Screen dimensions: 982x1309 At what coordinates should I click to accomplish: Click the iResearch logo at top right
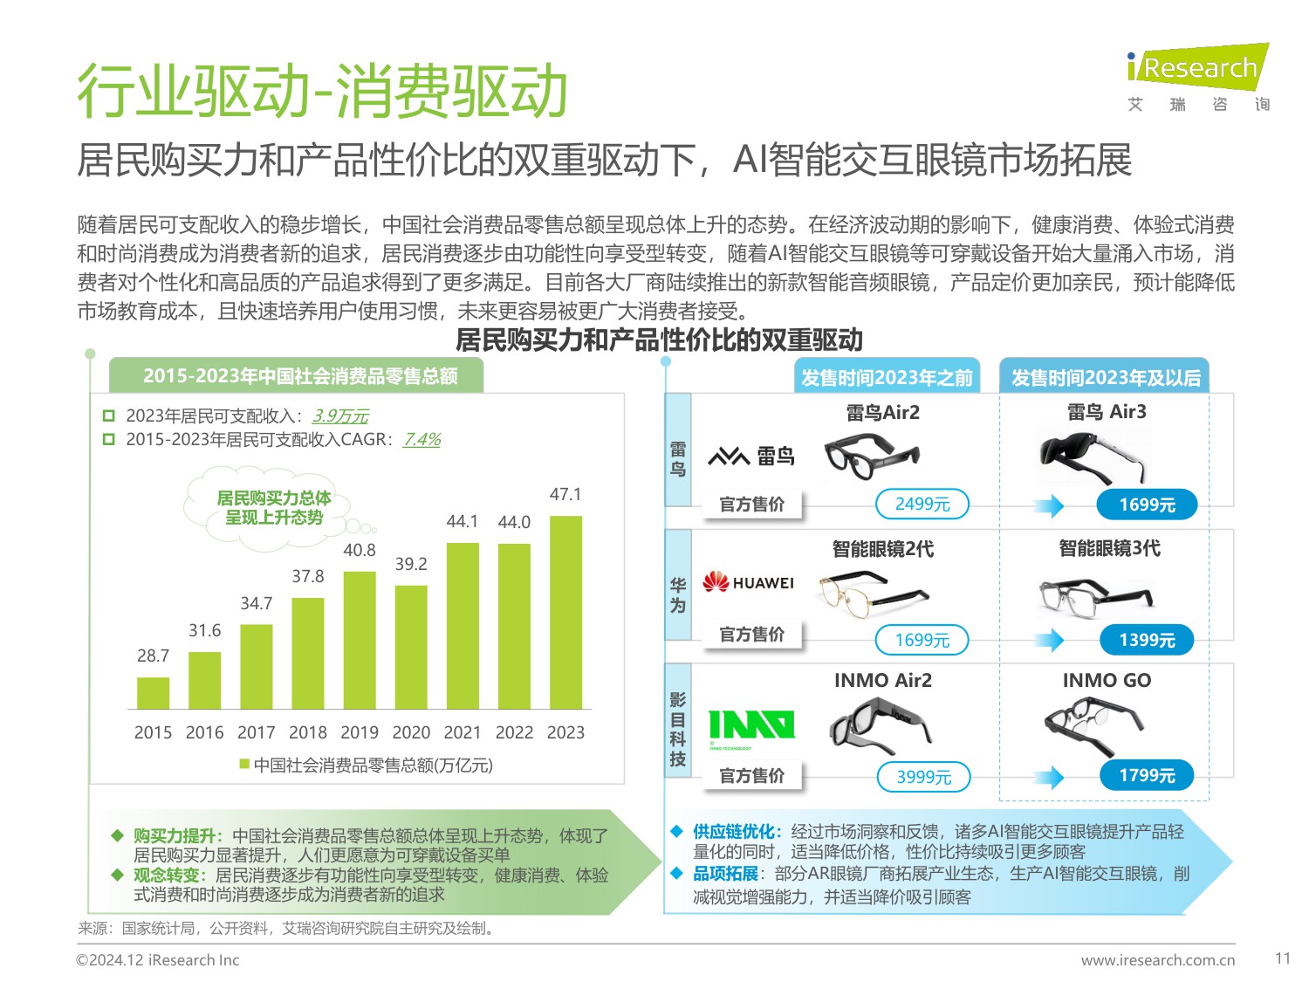point(1197,68)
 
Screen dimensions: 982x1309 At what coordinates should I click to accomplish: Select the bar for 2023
point(565,612)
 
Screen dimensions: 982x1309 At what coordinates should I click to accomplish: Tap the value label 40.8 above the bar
point(359,550)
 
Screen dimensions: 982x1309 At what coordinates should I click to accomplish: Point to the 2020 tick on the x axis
point(411,732)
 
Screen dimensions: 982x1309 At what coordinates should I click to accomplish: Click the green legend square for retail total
point(245,765)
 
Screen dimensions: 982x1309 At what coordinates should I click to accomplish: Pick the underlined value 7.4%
point(421,439)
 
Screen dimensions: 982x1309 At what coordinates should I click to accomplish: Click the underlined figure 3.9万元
point(340,415)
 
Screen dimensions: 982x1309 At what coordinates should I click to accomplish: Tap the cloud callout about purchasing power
point(273,508)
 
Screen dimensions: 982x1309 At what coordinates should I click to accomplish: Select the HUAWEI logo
point(749,582)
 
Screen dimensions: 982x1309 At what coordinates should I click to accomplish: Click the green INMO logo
point(751,725)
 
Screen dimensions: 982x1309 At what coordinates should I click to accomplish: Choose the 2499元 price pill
point(922,504)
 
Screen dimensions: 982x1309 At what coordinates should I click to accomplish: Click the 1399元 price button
point(1147,640)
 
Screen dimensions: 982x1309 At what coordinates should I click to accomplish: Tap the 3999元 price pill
point(922,776)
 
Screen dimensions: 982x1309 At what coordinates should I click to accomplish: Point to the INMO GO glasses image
point(1094,725)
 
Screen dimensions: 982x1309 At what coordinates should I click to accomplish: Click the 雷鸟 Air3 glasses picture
point(1094,455)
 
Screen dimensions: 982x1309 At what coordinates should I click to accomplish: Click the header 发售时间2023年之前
point(887,377)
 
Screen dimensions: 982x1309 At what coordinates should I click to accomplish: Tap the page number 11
point(1282,958)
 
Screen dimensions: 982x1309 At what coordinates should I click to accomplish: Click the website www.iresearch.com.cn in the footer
point(1157,960)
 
